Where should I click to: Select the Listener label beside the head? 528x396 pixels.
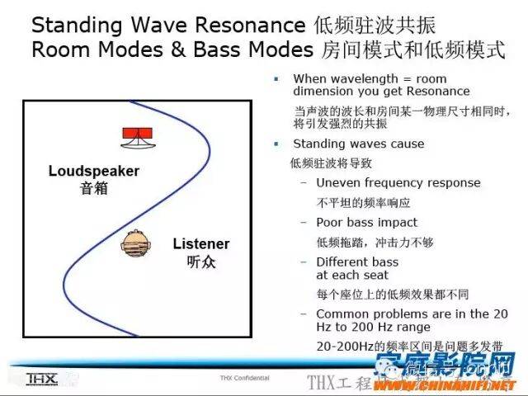point(201,244)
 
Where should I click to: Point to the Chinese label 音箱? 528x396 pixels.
point(94,188)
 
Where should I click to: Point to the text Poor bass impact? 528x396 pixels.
point(366,222)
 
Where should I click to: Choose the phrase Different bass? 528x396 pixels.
point(356,262)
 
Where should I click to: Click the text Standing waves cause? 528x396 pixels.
point(346,144)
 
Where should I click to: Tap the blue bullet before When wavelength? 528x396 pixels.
point(277,79)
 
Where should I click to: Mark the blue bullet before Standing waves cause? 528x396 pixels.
point(277,144)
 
